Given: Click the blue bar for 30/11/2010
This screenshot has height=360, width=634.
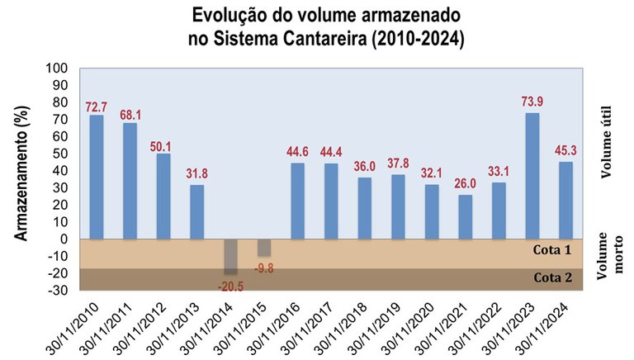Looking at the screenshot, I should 97,177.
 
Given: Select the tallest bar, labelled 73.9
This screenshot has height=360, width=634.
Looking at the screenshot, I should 532,176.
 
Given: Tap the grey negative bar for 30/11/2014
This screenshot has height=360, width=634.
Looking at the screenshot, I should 230,257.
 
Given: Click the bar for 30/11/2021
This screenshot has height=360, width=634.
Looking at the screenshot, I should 466,216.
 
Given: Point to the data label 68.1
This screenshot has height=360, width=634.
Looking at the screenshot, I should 130,115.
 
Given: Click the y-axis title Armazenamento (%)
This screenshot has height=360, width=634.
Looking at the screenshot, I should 28,178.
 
